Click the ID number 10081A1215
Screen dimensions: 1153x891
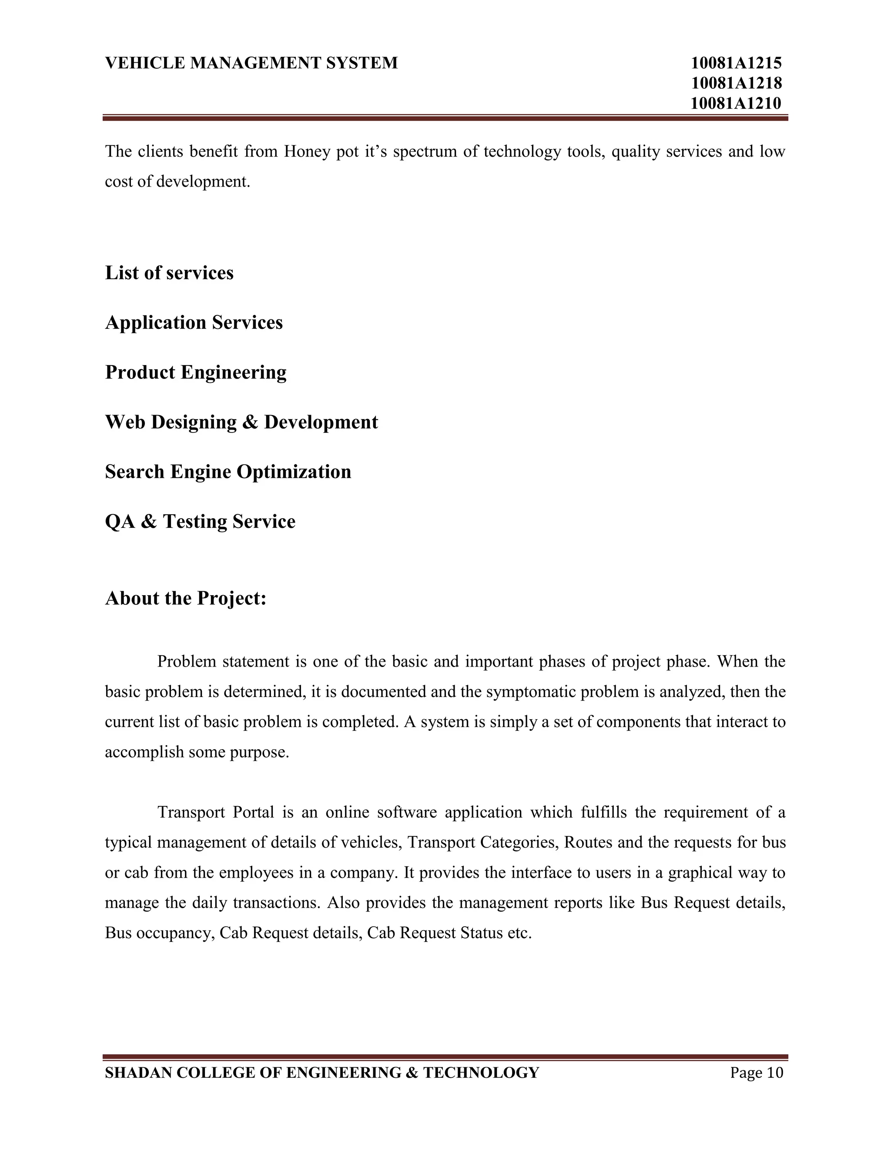(736, 64)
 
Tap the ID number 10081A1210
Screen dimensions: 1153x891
(736, 104)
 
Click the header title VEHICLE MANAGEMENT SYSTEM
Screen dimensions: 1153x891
(251, 64)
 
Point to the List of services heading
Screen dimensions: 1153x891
(169, 273)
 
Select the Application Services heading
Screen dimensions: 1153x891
(194, 322)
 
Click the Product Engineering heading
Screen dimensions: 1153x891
(195, 372)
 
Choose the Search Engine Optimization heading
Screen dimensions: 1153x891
(228, 472)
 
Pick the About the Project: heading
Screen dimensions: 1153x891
(185, 598)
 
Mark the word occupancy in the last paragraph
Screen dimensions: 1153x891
(175, 933)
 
